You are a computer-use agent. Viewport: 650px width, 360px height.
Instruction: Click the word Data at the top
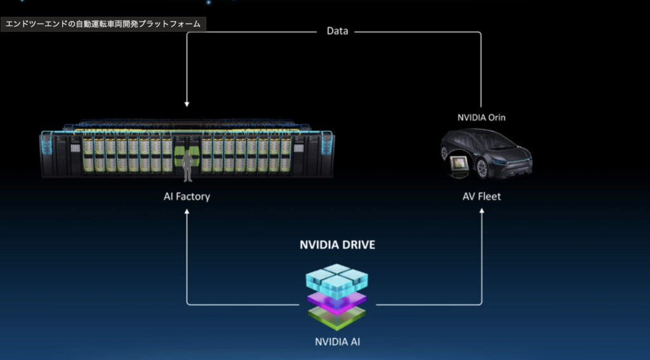337,30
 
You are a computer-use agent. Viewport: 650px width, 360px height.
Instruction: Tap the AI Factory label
187,196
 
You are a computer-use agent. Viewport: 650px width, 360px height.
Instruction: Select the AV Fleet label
481,196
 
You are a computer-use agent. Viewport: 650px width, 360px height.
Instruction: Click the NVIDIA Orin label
482,117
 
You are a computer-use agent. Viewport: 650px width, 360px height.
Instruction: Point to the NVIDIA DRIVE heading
337,244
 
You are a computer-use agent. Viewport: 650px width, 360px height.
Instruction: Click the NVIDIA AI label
338,342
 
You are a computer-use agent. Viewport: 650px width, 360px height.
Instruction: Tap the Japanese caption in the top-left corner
103,25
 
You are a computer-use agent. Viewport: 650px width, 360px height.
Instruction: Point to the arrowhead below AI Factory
187,214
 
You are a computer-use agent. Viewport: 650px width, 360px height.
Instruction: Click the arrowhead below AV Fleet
481,214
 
